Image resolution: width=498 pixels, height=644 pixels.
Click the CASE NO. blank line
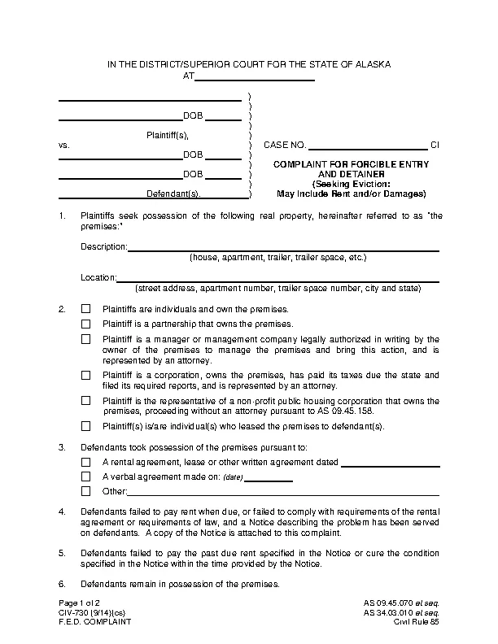coord(368,146)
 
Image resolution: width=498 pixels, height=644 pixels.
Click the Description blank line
coord(284,247)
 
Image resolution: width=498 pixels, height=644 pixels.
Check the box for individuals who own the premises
coord(85,309)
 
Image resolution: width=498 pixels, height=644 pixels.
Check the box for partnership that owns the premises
coord(85,324)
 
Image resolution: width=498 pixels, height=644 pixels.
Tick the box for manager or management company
coord(85,339)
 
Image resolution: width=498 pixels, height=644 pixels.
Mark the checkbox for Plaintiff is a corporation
coord(85,375)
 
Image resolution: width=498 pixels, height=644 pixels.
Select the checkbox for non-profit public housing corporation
coord(85,401)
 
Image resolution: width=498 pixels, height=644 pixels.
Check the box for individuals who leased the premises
coord(85,426)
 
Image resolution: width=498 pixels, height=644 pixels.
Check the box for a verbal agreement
coord(85,476)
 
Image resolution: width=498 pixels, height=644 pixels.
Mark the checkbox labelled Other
coord(85,491)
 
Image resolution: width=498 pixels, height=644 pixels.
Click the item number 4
coord(62,511)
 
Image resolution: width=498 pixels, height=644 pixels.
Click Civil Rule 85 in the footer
coord(417,622)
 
